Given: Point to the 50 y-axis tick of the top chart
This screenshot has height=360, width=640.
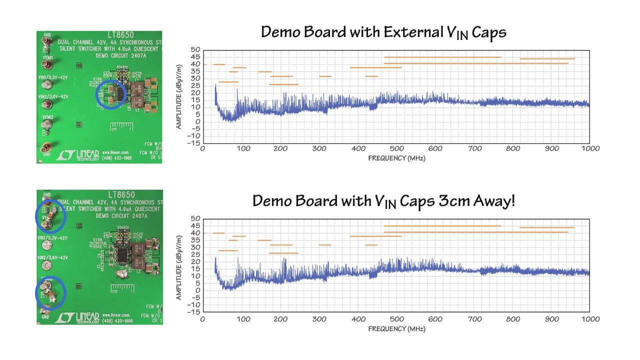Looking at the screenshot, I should click(x=195, y=50).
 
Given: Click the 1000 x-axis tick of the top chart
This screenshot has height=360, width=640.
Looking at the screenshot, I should click(x=590, y=148).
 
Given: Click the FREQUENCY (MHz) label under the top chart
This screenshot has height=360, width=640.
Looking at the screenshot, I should click(x=396, y=158).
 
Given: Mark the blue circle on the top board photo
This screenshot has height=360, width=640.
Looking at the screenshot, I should click(x=110, y=94).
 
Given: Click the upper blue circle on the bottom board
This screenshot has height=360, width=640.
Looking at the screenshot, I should click(x=51, y=216).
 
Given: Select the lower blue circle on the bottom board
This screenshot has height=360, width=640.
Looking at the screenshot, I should click(x=50, y=292).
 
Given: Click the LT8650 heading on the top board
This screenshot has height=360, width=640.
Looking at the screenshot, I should click(x=121, y=34).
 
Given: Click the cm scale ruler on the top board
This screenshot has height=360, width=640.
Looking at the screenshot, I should click(x=122, y=126).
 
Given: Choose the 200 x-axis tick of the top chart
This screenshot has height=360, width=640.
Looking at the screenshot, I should click(x=280, y=148).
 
